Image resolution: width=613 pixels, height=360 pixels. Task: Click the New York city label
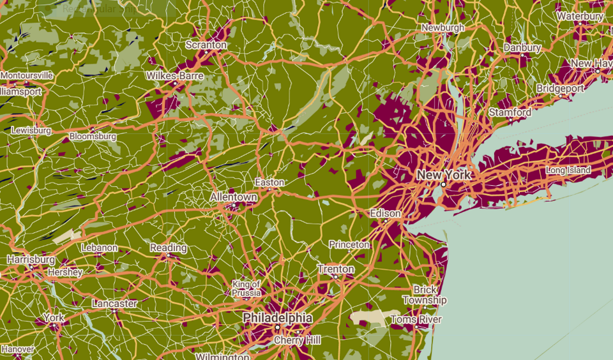(443, 174)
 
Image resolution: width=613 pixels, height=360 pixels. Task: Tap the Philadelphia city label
(277, 318)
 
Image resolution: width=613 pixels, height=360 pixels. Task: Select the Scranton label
(206, 45)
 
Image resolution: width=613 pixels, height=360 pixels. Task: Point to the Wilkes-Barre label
(175, 76)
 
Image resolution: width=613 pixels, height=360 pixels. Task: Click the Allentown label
(234, 198)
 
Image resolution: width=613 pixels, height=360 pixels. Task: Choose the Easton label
(269, 183)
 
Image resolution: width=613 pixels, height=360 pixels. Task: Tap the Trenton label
(336, 269)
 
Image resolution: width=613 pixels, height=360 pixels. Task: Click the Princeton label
(349, 244)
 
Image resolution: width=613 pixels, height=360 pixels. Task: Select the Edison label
(386, 213)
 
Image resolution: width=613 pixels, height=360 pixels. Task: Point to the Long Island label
(568, 170)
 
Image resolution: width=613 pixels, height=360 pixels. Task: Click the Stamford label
(510, 112)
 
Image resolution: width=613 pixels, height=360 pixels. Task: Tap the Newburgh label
(443, 28)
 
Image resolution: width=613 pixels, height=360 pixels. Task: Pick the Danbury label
(522, 48)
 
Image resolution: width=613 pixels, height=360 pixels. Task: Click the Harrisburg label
(31, 260)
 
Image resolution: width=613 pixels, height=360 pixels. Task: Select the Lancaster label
(114, 303)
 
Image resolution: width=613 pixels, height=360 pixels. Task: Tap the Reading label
(169, 248)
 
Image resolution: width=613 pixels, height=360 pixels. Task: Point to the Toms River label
(416, 319)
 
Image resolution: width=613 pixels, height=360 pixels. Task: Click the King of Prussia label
(246, 288)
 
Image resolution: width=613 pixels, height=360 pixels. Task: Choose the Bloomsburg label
(93, 136)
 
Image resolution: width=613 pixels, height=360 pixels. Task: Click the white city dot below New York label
(443, 184)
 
